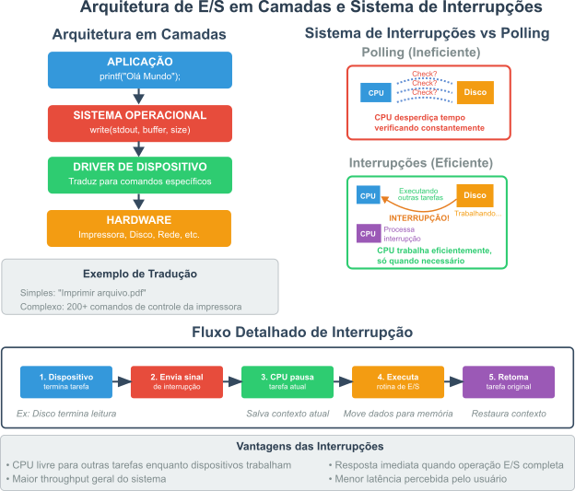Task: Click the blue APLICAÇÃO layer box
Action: (140, 70)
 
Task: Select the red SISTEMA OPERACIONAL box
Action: (140, 123)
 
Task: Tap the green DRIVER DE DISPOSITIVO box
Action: (140, 175)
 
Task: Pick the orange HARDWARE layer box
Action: (139, 228)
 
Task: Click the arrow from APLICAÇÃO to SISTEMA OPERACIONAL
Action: (138, 97)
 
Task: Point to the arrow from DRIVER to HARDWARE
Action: (138, 202)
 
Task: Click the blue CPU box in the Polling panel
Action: (376, 92)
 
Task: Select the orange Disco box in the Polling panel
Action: (475, 92)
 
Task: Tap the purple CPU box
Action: (369, 234)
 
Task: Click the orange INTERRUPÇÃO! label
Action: (418, 218)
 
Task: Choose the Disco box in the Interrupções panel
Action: (475, 195)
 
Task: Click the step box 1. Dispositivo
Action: (66, 381)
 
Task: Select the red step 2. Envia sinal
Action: (177, 381)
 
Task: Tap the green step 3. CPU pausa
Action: (287, 381)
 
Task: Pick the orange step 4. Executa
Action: (398, 381)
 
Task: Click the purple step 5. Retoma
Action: (509, 381)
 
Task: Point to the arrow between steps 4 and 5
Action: (453, 381)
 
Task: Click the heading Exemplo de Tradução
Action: (140, 274)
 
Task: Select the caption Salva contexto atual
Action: (287, 414)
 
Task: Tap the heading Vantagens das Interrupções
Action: (310, 446)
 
